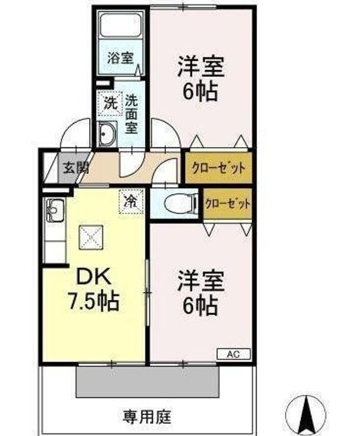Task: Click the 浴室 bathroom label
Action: [120, 58]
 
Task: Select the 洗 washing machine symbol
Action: [110, 102]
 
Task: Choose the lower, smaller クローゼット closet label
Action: [227, 204]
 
